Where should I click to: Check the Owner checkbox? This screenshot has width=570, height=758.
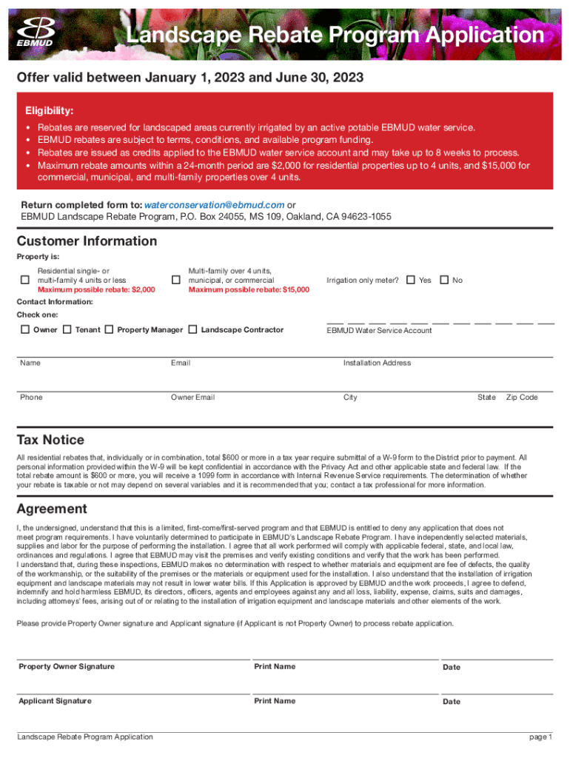click(x=25, y=329)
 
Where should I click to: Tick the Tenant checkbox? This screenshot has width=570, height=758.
click(x=67, y=329)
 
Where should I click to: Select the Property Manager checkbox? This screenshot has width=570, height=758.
click(x=110, y=329)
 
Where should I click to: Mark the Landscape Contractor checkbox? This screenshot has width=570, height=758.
click(x=193, y=329)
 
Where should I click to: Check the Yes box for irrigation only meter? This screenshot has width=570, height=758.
click(x=411, y=280)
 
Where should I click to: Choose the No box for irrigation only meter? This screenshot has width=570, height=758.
click(x=444, y=280)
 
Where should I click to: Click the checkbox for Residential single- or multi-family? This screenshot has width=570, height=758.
click(x=25, y=280)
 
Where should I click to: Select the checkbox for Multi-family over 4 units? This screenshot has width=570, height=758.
click(x=176, y=280)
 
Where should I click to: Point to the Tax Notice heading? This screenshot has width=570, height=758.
click(x=50, y=440)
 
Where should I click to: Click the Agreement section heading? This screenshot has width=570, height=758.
click(x=52, y=509)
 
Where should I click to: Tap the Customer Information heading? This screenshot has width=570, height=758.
click(x=87, y=241)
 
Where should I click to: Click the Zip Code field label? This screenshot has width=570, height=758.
click(x=522, y=398)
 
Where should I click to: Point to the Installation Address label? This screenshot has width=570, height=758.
click(x=377, y=363)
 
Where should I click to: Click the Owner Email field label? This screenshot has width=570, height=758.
click(x=192, y=398)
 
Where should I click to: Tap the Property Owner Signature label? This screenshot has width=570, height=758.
click(x=67, y=667)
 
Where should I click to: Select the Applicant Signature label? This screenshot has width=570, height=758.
click(x=56, y=701)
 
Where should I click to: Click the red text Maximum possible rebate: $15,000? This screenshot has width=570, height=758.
click(x=249, y=290)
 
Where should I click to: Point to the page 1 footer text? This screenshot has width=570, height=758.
click(x=540, y=737)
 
